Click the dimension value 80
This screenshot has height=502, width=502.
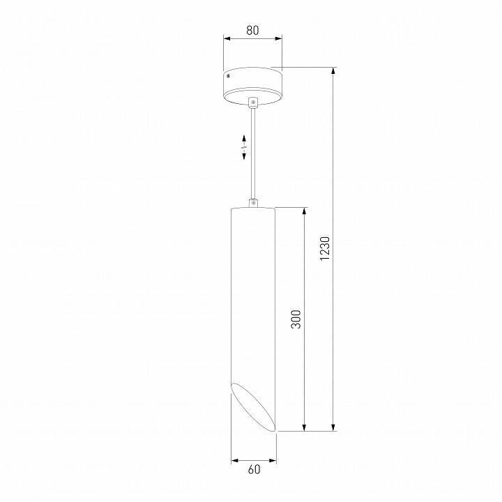pos(252,30)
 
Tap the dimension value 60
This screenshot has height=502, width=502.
pos(253,469)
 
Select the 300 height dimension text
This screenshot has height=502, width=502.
pos(296,319)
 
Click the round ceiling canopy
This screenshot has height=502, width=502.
pos(252,84)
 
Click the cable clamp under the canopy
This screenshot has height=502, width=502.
pos(253,102)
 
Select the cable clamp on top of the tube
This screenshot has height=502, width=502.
pos(253,204)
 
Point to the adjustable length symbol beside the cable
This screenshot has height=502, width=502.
pos(244,148)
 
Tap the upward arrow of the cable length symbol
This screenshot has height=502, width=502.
pos(244,137)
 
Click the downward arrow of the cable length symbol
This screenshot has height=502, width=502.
pos(244,158)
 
